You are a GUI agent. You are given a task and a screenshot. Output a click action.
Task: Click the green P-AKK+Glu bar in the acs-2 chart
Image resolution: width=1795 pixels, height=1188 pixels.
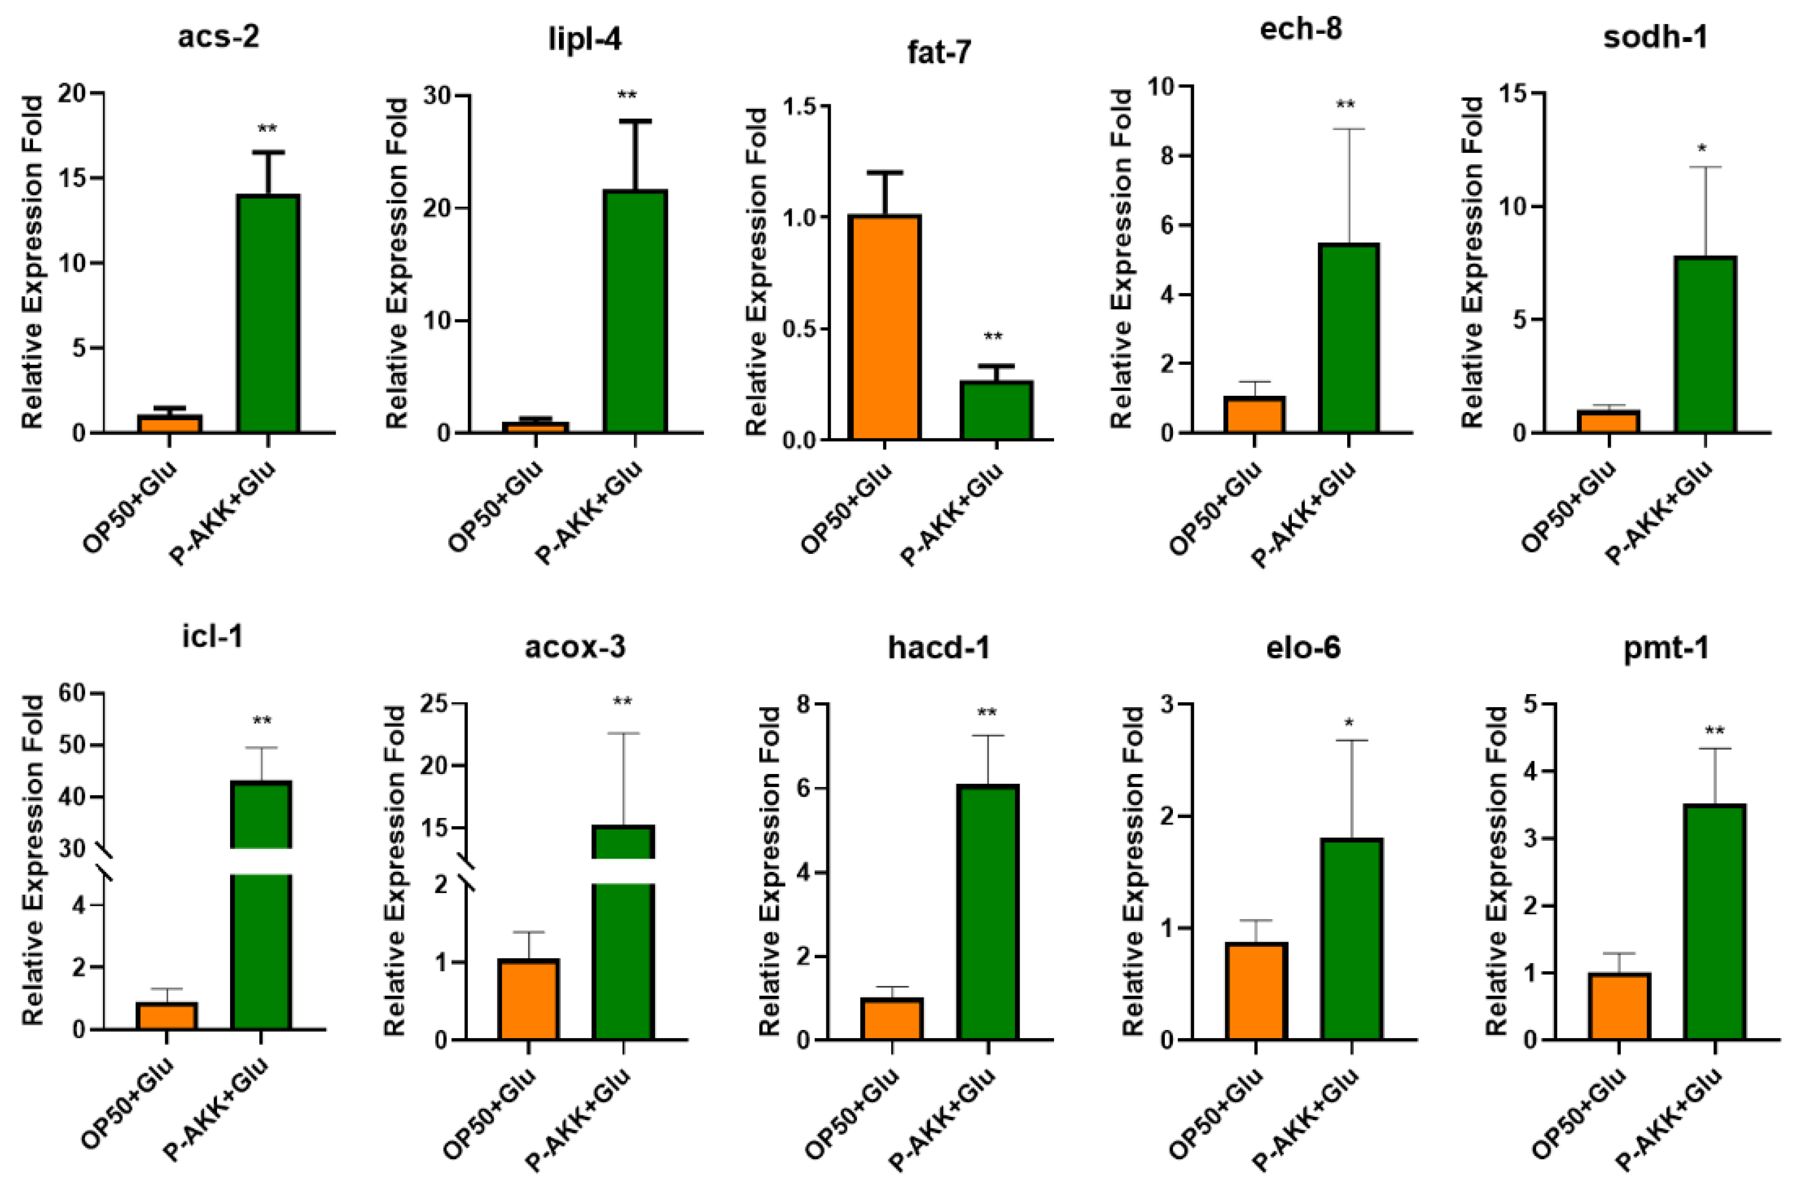coord(268,314)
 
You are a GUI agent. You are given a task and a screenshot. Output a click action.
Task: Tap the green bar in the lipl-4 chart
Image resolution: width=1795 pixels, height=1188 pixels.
coord(635,311)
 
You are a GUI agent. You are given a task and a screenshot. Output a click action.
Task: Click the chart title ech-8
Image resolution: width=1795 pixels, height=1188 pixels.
coord(1301,29)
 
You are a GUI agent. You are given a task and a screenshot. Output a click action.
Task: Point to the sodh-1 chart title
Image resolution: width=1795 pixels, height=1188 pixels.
coord(1656,36)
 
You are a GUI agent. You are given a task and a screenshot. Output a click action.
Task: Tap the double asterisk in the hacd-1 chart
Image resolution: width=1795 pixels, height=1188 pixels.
coord(987,713)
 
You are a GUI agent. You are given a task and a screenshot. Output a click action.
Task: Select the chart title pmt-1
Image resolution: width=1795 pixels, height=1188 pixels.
coord(1666,649)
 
